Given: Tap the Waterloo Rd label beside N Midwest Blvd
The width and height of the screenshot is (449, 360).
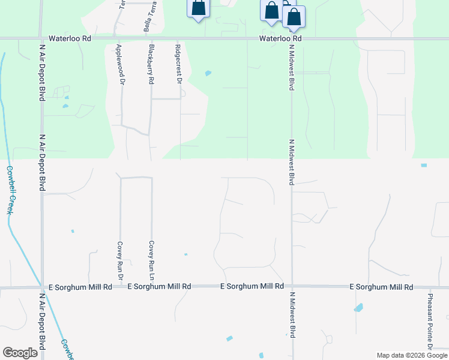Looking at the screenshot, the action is [280, 38].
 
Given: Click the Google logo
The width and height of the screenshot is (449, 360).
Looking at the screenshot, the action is [20, 353].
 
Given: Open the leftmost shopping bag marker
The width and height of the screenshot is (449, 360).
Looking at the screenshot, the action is [199, 8].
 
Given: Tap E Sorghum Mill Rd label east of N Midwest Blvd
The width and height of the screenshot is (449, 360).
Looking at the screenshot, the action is [382, 287].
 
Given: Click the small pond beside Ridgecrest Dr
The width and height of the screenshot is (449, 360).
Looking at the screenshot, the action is [208, 74].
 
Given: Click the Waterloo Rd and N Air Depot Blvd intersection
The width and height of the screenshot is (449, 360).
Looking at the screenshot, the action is [41, 38].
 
